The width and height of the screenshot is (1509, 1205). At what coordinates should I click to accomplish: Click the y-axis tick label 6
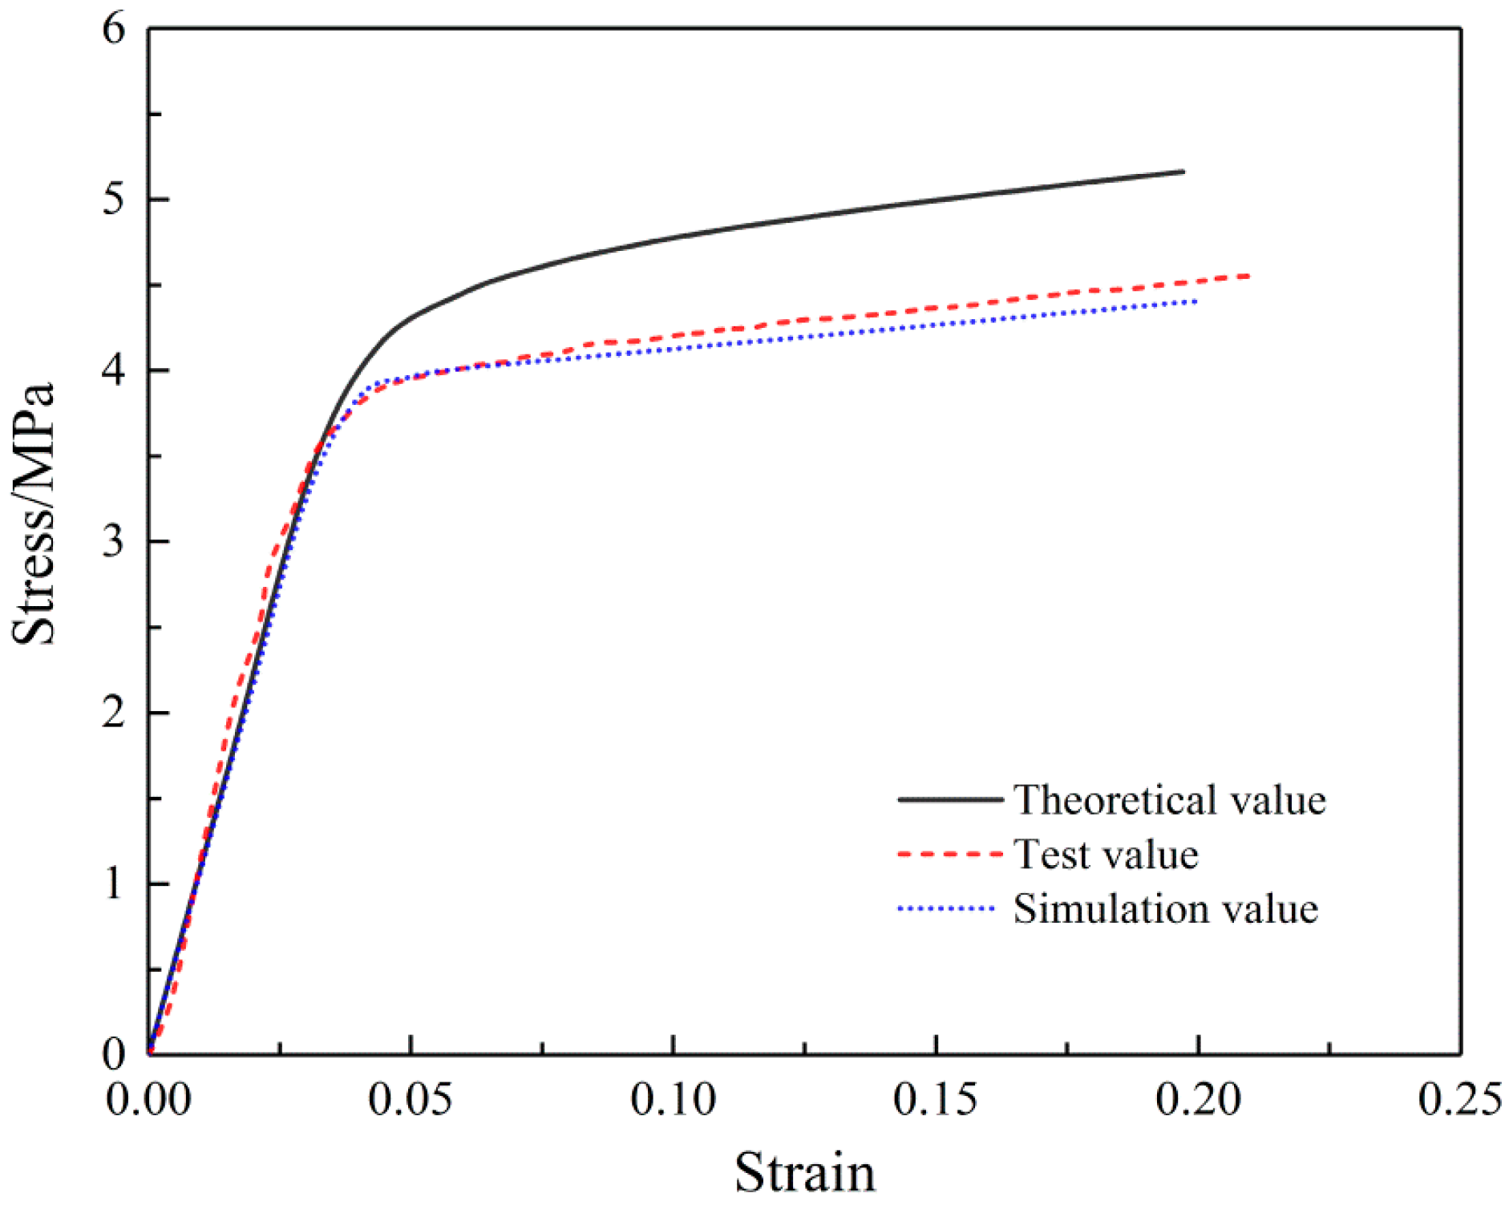click(115, 30)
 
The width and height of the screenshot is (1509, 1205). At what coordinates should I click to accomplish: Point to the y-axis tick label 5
click(115, 200)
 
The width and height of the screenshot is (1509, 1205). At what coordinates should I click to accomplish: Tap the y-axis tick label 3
click(115, 542)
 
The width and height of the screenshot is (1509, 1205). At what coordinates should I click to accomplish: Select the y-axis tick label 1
click(115, 884)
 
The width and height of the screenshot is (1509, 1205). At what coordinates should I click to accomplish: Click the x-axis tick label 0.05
click(411, 1099)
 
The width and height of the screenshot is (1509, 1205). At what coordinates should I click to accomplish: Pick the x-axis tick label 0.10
click(673, 1099)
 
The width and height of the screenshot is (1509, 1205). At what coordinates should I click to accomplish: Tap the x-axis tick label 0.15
click(935, 1099)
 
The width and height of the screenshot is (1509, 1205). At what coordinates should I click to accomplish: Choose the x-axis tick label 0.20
click(1197, 1099)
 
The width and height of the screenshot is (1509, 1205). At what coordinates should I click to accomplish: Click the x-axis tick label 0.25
click(1459, 1099)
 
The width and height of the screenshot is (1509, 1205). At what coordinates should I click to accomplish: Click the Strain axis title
click(804, 1173)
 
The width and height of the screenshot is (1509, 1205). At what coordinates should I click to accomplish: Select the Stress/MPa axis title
click(34, 513)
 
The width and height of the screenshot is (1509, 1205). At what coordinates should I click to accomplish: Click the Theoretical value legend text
click(1169, 800)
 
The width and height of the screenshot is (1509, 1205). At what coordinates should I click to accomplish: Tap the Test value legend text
click(1106, 855)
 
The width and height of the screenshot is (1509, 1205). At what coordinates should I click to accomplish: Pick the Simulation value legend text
click(1165, 909)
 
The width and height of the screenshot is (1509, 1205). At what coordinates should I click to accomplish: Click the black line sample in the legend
click(950, 800)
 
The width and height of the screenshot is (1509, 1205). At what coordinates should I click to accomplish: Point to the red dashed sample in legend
click(950, 855)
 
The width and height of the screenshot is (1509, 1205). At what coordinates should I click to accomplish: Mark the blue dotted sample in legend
click(946, 909)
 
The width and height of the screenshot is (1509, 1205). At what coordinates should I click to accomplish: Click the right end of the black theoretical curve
click(1183, 172)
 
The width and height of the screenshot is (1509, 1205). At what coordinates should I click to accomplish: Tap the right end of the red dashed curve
click(1248, 277)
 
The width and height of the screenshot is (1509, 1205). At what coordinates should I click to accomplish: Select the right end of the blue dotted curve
click(1195, 301)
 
